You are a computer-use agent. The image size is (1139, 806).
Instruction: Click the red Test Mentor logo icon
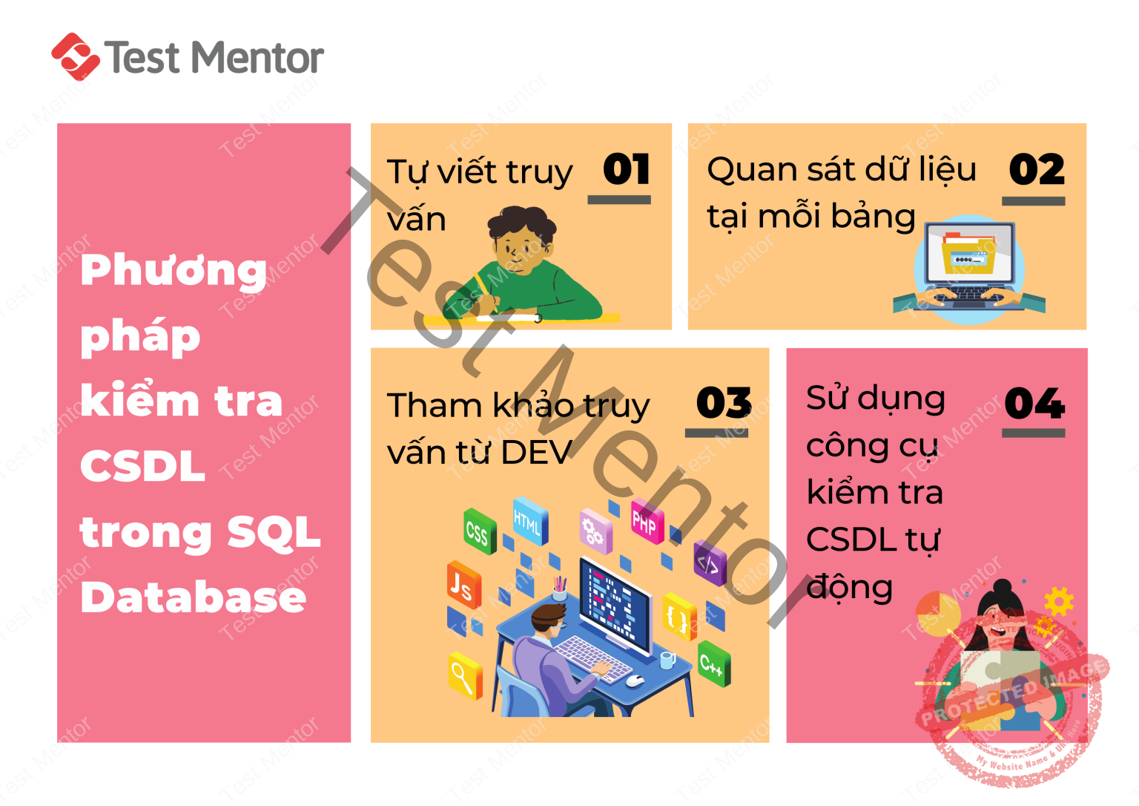click(x=75, y=56)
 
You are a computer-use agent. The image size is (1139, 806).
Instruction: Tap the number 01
click(x=627, y=169)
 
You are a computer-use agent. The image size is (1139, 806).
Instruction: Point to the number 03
click(x=723, y=403)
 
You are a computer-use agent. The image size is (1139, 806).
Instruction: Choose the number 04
click(x=1034, y=404)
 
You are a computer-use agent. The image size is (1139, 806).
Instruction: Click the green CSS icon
click(x=478, y=531)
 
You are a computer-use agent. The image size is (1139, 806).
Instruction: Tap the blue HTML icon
click(x=529, y=521)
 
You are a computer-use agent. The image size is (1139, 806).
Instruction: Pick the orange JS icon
click(x=463, y=586)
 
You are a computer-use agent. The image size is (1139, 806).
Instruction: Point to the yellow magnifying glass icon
click(x=465, y=675)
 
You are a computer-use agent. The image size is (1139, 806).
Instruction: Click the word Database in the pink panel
click(x=193, y=597)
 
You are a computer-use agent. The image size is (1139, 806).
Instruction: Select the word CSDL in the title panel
click(x=142, y=466)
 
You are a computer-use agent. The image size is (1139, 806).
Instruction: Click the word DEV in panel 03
click(x=535, y=452)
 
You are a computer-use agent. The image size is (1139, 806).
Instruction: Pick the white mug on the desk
click(x=667, y=659)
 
